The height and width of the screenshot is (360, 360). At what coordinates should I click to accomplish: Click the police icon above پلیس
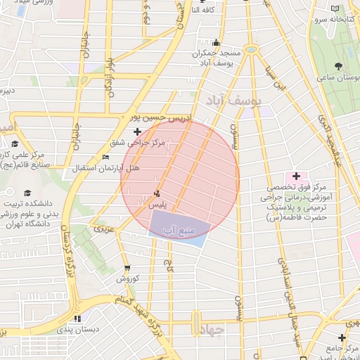[155, 193]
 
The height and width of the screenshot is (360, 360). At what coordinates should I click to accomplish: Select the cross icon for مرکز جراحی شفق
[137, 131]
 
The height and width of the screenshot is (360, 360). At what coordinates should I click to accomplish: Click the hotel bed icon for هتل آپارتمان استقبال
[105, 157]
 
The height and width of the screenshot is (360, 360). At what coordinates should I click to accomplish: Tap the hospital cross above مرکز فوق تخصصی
[296, 175]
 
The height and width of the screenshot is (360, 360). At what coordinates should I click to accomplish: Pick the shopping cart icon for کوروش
[127, 268]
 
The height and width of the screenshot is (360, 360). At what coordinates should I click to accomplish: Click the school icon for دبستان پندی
[77, 318]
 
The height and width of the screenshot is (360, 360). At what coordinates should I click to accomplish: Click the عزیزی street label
[103, 229]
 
